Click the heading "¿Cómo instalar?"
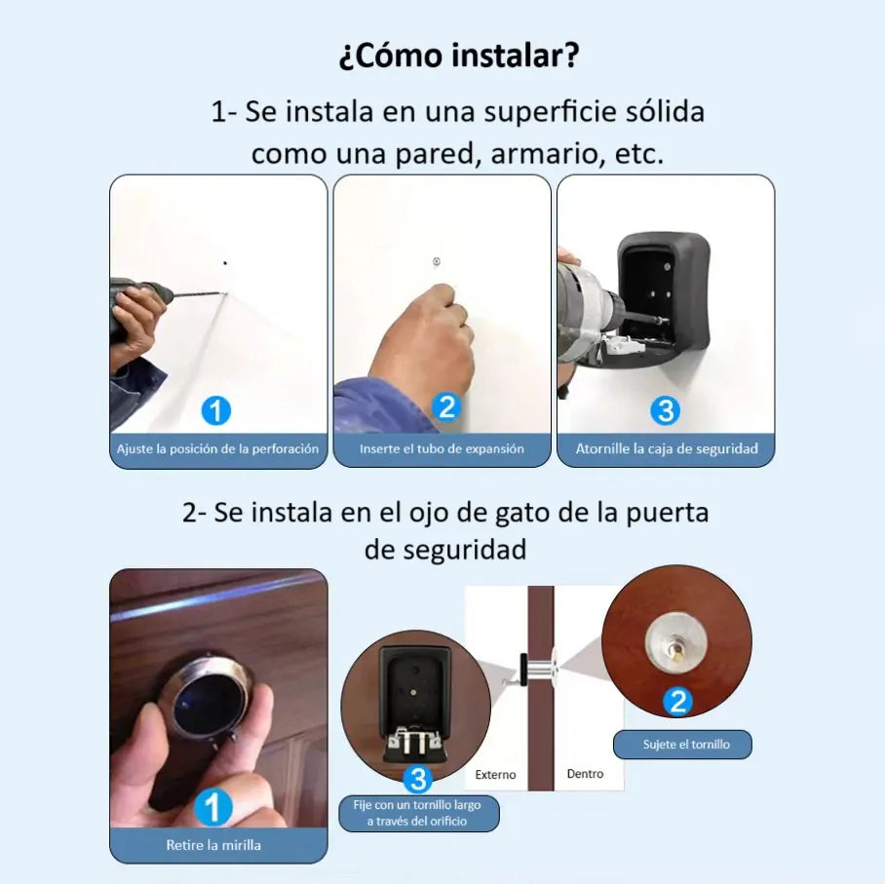(458, 56)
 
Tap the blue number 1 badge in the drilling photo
(215, 410)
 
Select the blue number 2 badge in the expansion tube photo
(445, 406)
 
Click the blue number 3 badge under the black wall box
(664, 410)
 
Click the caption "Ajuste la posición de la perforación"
(218, 449)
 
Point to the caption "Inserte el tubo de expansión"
(442, 449)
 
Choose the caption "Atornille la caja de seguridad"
(666, 449)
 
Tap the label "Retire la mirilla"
(213, 845)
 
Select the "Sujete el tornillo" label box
(682, 745)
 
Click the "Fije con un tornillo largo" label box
(418, 813)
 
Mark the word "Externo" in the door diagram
(495, 775)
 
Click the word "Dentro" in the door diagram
(585, 774)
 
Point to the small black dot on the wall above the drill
(225, 262)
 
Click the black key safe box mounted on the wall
(664, 292)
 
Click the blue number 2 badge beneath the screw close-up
(676, 701)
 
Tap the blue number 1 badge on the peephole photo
(212, 808)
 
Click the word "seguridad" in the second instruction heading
(445, 550)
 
